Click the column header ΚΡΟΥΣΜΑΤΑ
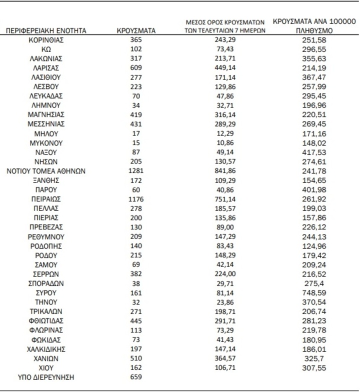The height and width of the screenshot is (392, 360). coord(136,31)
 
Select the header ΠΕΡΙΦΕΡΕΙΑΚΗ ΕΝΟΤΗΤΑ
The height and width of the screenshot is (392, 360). coord(46,31)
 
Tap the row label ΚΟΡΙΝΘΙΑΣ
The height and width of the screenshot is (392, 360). coord(46,40)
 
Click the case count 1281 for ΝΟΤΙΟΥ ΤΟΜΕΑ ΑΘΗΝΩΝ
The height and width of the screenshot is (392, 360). coord(136,171)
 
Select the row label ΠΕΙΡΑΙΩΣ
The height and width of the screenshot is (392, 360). coord(46,199)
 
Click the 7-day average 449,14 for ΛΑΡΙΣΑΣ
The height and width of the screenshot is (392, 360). coord(223,68)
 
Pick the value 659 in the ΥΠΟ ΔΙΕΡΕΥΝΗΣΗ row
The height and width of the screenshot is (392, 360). coord(136,377)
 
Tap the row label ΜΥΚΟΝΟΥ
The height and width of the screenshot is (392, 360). coord(46,143)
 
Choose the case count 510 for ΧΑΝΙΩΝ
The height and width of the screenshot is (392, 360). coord(136,358)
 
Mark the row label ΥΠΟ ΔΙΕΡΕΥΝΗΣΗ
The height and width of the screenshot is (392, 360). coord(46,377)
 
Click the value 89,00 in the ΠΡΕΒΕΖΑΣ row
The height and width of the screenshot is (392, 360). coord(223,227)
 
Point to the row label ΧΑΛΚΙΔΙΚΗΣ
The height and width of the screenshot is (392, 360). coord(46,349)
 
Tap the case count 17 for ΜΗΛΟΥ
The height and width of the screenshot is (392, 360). coord(136,133)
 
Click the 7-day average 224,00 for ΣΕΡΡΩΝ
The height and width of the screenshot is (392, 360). coord(223,274)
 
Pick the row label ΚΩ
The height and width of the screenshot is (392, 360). coord(46,49)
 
